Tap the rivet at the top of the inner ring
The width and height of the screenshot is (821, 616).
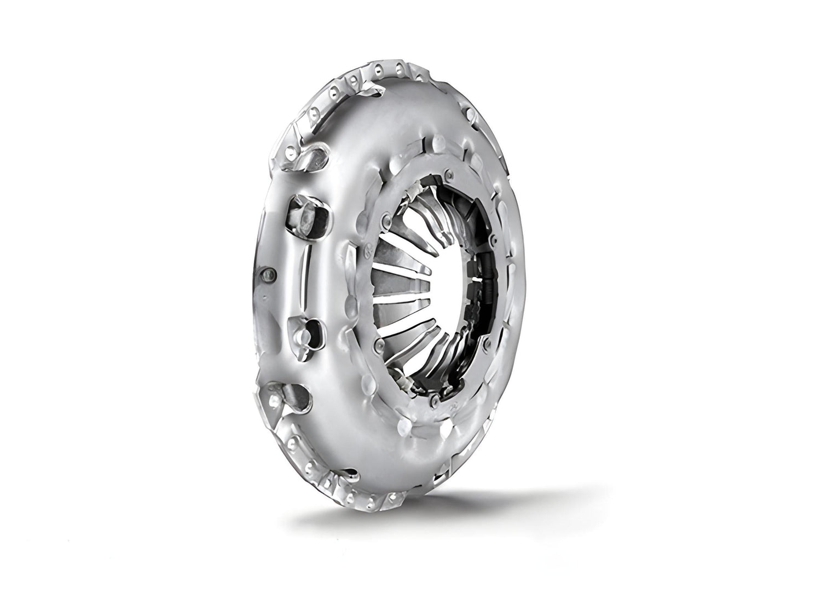point(448,175)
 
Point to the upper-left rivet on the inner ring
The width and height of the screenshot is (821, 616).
point(387,220)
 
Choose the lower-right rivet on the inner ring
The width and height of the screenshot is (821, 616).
point(485,341)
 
